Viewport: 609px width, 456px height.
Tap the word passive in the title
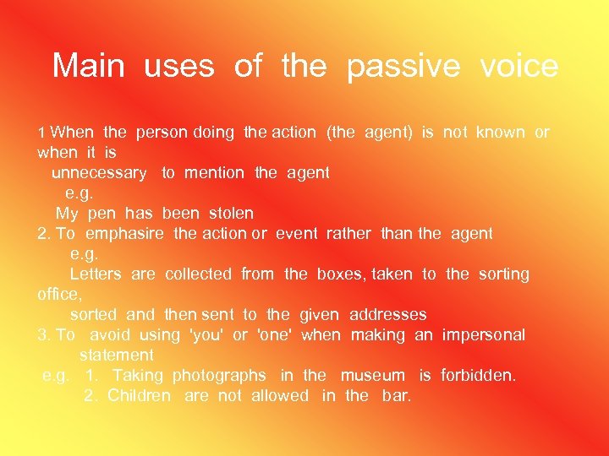click(x=403, y=67)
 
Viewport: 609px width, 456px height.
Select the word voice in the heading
click(x=518, y=66)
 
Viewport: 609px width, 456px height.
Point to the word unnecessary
click(x=99, y=173)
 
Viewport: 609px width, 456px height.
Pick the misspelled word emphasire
click(x=124, y=234)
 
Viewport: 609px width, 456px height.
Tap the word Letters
click(x=96, y=274)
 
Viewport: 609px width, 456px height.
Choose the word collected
click(x=198, y=274)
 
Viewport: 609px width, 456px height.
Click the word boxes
click(x=340, y=274)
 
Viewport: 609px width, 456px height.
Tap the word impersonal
click(x=483, y=335)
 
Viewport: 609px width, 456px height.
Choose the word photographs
click(x=219, y=376)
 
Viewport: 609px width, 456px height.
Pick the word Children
click(x=139, y=396)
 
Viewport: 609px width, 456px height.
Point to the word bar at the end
click(x=396, y=396)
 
